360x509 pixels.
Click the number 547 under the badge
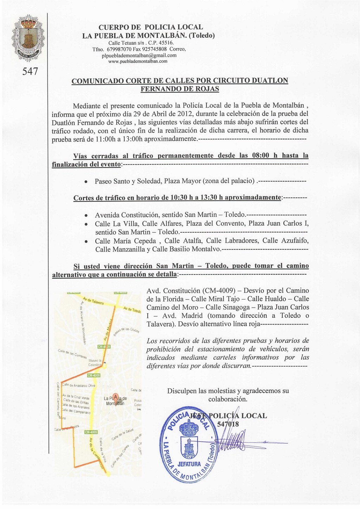[x=30, y=72]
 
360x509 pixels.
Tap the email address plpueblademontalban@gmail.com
[x=139, y=56]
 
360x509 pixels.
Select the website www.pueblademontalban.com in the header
[x=138, y=61]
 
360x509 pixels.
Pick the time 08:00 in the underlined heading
[x=261, y=156]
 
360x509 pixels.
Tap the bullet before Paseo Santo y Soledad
[x=85, y=182]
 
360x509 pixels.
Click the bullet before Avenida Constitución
[x=85, y=215]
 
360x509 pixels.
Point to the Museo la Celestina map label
[x=95, y=363]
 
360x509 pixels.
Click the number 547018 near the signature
[x=228, y=424]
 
